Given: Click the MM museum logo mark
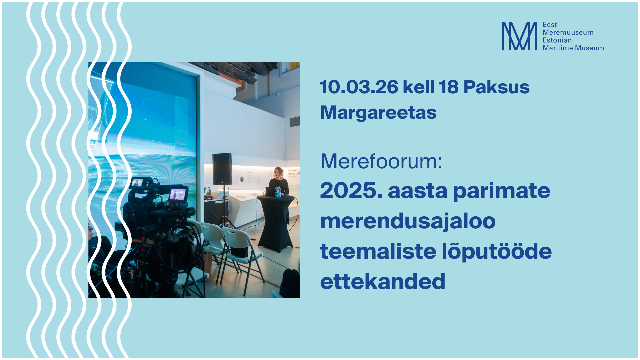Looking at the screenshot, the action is [x=519, y=36].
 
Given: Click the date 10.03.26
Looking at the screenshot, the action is [x=359, y=87].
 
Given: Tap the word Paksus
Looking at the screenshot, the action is [x=496, y=87].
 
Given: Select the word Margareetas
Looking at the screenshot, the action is [x=378, y=113].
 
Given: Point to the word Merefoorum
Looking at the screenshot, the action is [x=381, y=162].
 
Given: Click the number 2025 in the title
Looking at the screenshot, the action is [x=351, y=191].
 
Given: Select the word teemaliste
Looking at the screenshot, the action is [x=378, y=251].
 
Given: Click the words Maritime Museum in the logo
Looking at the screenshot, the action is [x=573, y=48].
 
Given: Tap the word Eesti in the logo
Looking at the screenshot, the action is [x=551, y=25].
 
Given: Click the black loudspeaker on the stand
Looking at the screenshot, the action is [x=222, y=169].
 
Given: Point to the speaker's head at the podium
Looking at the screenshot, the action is [x=278, y=173].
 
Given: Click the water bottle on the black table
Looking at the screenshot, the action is [x=278, y=192].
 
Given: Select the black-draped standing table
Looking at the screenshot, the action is [x=276, y=223].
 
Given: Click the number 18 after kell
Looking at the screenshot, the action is [x=449, y=87].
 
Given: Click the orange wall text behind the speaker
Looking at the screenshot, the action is [x=293, y=172].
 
